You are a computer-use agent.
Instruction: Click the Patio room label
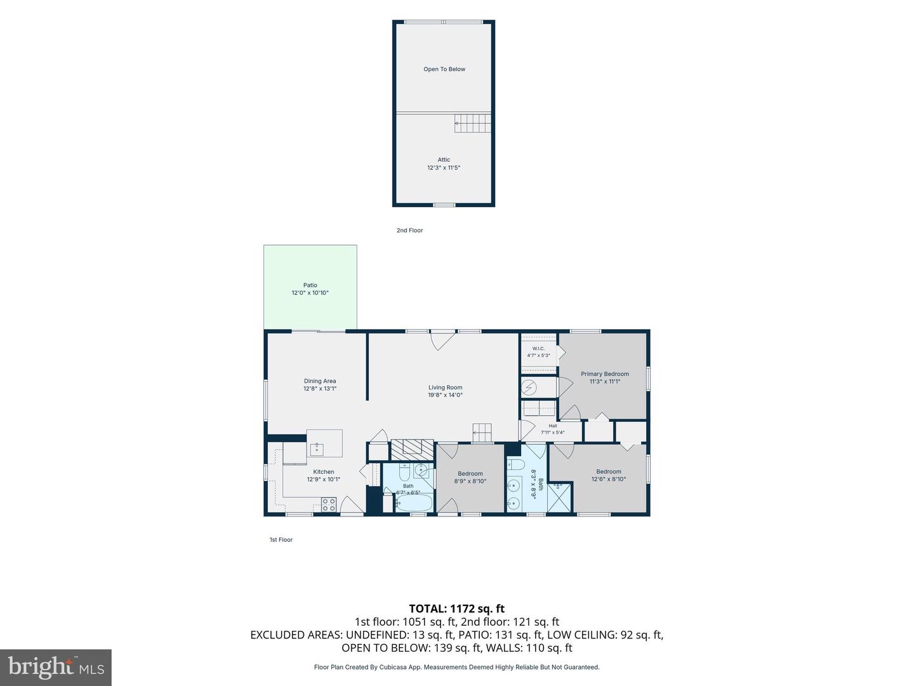coord(310,285)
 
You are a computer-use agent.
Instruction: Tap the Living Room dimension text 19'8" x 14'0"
coord(445,395)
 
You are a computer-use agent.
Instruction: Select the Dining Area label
coord(320,380)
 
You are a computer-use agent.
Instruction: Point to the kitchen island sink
coord(317,450)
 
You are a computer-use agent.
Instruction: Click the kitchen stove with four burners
coord(329,504)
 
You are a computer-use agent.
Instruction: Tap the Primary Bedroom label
coord(605,373)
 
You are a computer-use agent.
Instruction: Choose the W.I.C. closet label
coord(538,348)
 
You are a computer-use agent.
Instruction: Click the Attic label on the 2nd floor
coord(444,159)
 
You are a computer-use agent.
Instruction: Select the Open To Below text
coord(444,69)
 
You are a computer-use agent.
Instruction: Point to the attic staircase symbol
coord(473,123)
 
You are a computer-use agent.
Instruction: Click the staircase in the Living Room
coord(482,433)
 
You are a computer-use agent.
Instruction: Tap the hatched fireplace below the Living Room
coord(412,449)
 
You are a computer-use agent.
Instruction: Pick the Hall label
coord(553,426)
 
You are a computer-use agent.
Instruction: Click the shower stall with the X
coord(560,497)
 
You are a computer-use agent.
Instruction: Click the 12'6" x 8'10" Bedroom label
coord(608,475)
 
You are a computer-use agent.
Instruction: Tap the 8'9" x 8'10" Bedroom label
coord(470,477)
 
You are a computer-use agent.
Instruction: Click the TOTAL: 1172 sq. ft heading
coord(457,609)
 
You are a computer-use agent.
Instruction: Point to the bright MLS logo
coord(56,667)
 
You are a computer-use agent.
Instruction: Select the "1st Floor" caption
coord(281,539)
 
